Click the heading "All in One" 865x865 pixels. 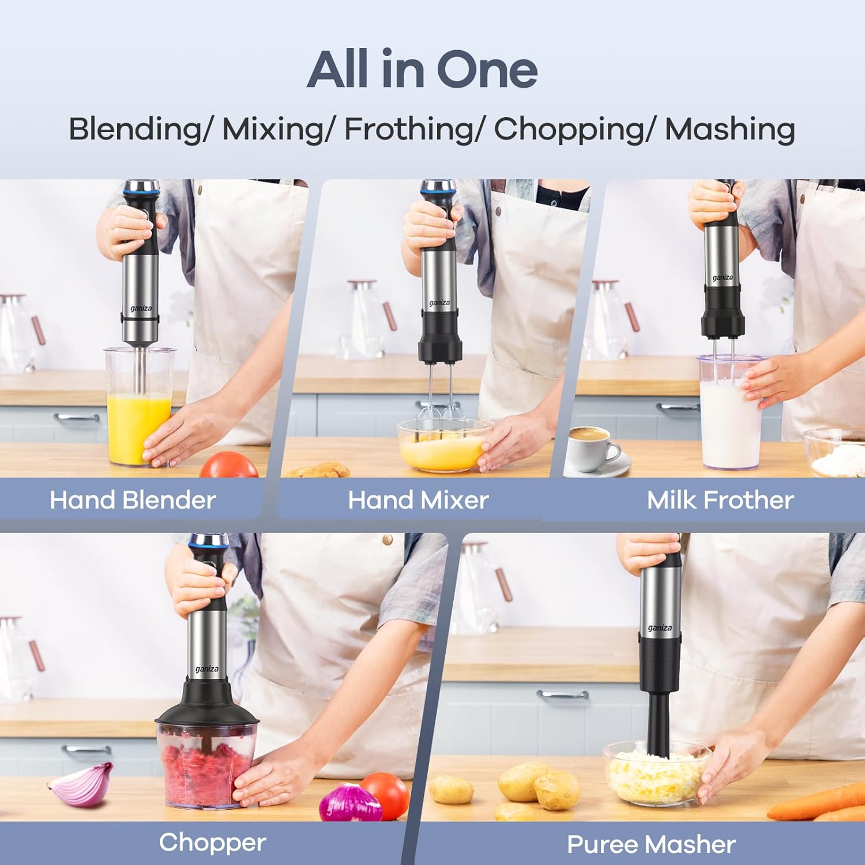coord(422,70)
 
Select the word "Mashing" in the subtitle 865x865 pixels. coord(730,129)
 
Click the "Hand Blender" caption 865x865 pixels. coord(133,500)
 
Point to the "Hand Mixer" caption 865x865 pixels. coord(418,500)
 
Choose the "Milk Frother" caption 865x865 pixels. coord(720,500)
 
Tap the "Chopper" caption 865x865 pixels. coord(212,843)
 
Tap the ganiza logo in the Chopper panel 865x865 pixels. coord(207,669)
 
